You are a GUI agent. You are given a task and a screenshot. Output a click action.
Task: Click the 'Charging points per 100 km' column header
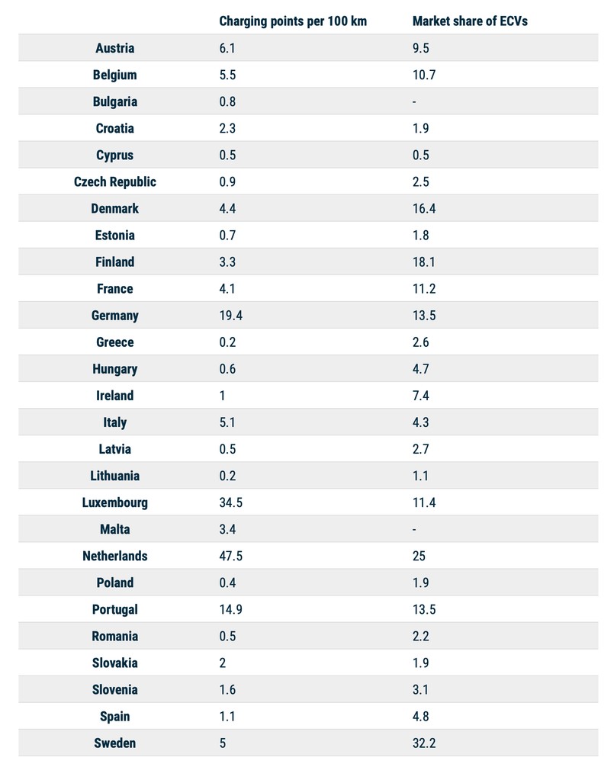293,21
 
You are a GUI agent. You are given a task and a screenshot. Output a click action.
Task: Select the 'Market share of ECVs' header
470,21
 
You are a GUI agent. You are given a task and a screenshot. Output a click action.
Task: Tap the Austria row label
114,48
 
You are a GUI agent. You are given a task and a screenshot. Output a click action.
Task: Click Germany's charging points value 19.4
231,316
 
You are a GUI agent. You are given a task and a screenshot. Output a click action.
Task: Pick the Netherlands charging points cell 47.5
231,556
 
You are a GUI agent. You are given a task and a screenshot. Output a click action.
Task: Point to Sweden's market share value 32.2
424,743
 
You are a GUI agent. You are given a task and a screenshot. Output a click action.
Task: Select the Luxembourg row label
114,502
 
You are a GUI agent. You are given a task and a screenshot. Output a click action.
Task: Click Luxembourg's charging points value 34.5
231,502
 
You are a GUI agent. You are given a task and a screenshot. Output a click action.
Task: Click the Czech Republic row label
114,181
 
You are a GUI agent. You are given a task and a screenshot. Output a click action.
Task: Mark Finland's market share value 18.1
424,262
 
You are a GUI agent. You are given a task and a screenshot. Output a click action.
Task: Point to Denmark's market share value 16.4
424,208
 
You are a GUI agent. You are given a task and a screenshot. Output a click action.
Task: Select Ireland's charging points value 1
222,396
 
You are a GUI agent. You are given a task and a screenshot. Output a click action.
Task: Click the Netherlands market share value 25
420,556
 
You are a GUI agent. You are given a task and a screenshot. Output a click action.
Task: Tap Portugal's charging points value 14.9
231,609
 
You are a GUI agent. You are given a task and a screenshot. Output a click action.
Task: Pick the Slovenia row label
114,689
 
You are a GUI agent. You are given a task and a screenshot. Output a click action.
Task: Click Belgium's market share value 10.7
424,75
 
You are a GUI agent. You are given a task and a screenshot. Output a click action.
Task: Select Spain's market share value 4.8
421,716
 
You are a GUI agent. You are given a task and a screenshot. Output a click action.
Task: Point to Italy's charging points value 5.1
227,422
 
